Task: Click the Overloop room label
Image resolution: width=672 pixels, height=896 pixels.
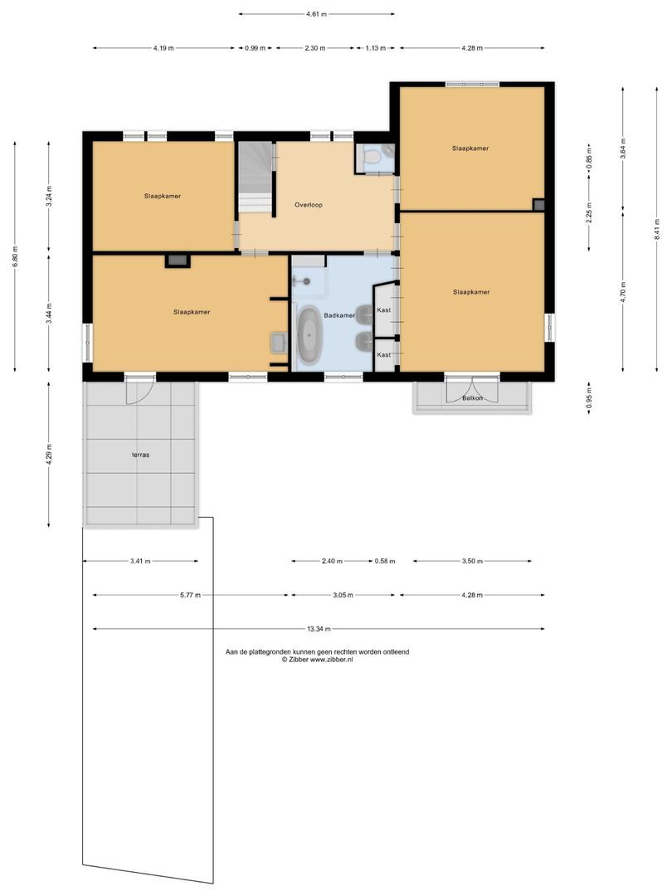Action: pos(308,204)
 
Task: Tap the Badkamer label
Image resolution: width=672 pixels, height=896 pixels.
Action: pos(339,316)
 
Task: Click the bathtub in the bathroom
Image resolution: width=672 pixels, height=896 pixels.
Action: pos(309,335)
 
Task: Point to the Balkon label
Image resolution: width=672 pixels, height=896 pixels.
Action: pos(473,399)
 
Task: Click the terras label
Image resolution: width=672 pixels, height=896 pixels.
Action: pos(139,455)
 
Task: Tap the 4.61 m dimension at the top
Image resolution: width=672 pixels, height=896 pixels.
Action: pos(316,14)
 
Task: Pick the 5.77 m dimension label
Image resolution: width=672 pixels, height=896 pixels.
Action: pos(191,595)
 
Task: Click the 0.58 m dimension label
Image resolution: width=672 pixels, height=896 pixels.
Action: pos(385,561)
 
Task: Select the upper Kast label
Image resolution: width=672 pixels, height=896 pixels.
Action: pos(383,310)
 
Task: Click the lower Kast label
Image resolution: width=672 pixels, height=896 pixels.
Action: pos(383,355)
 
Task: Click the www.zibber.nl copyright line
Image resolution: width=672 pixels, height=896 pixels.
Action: pos(317,660)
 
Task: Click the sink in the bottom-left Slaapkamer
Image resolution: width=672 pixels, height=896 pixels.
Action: pos(278,342)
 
